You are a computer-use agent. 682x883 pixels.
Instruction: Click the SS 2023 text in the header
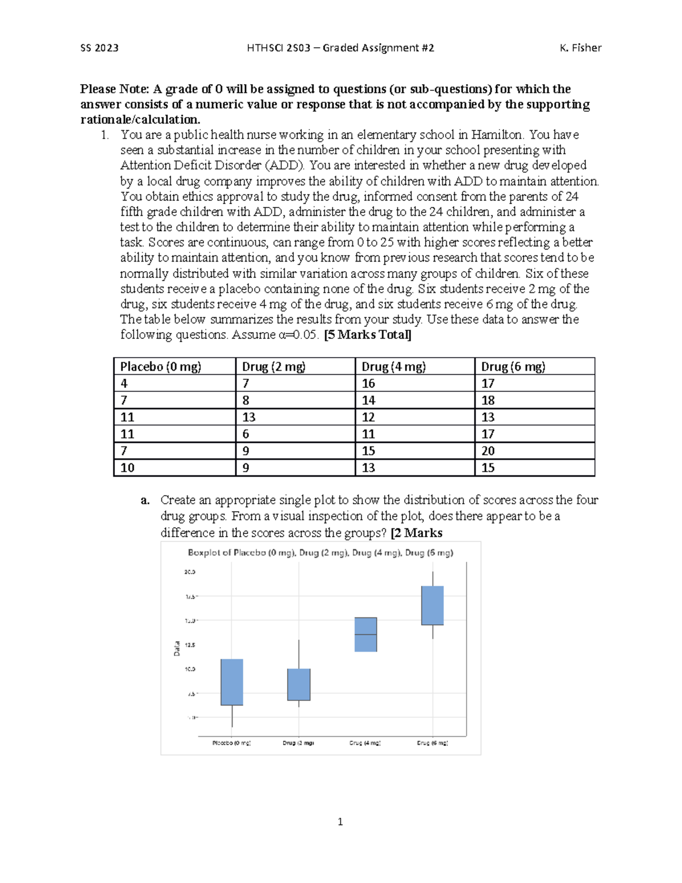pyautogui.click(x=99, y=48)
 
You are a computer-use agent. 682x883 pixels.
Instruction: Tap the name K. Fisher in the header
pyautogui.click(x=580, y=48)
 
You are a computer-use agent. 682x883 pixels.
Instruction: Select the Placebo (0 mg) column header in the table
pyautogui.click(x=160, y=367)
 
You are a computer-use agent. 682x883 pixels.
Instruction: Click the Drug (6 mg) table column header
pyautogui.click(x=513, y=367)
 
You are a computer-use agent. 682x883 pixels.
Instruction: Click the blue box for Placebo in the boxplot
pyautogui.click(x=232, y=682)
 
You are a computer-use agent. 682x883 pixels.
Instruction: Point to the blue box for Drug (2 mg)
pyautogui.click(x=299, y=685)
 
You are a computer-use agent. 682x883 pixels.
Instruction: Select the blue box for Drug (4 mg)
pyautogui.click(x=365, y=634)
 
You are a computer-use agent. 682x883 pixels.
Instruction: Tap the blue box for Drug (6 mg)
pyautogui.click(x=433, y=605)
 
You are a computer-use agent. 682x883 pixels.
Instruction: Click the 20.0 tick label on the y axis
pyautogui.click(x=190, y=572)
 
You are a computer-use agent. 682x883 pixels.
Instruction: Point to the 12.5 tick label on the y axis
pyautogui.click(x=190, y=645)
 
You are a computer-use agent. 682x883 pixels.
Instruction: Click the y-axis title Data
pyautogui.click(x=177, y=648)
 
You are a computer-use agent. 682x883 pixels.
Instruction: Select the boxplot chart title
pyautogui.click(x=321, y=553)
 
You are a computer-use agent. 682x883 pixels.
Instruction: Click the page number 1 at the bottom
pyautogui.click(x=340, y=822)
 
